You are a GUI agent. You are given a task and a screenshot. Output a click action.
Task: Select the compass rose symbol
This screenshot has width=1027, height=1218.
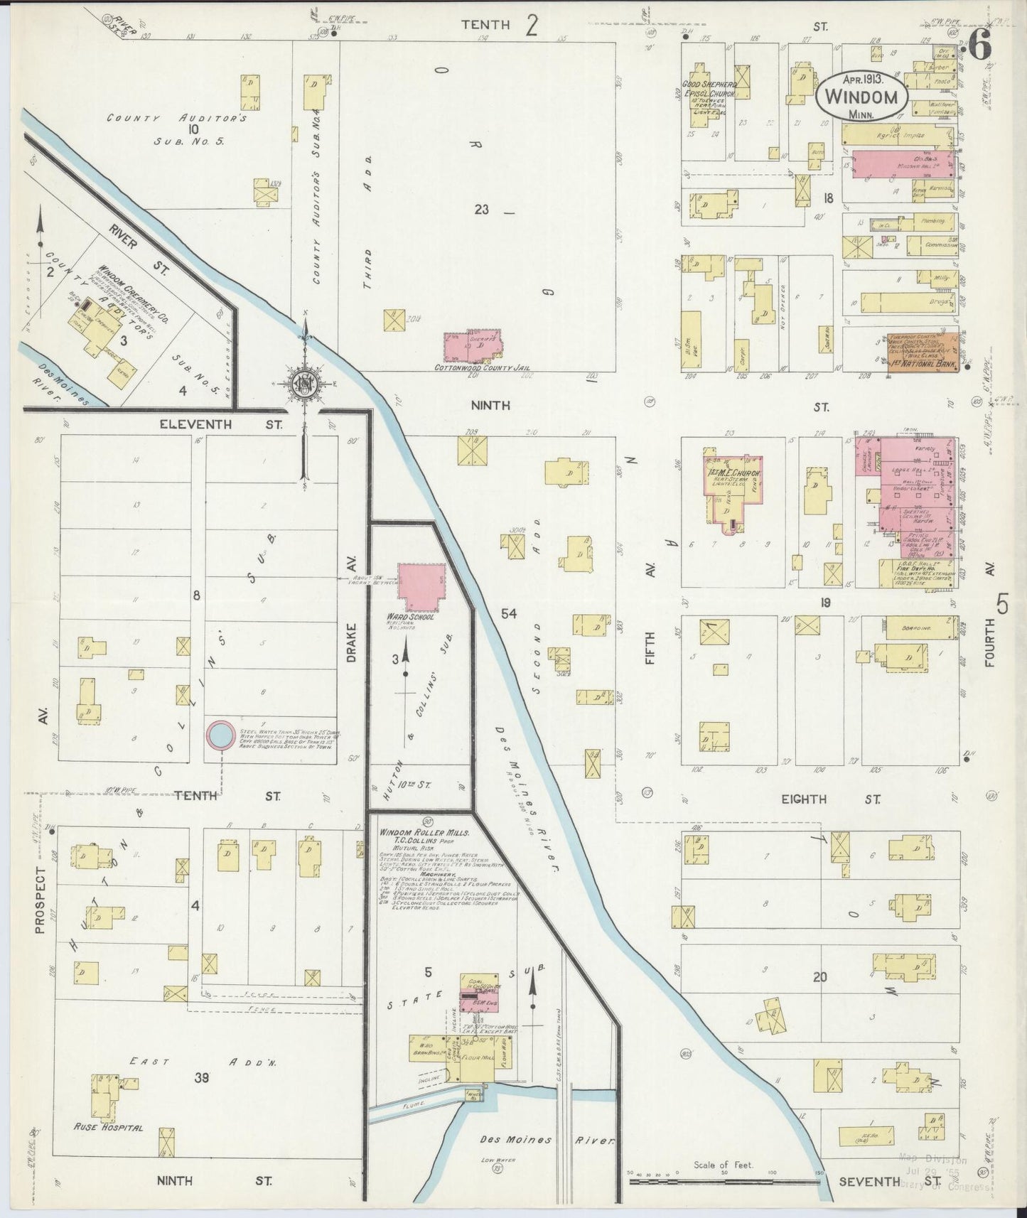click(306, 384)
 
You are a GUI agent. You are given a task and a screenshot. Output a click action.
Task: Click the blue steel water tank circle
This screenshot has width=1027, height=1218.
click(220, 735)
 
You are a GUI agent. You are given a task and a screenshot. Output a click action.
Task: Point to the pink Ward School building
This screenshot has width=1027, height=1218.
click(421, 586)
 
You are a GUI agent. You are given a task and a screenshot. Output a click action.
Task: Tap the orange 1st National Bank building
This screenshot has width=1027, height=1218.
click(923, 352)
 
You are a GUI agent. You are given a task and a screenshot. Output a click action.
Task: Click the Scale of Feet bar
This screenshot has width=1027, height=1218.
click(725, 1182)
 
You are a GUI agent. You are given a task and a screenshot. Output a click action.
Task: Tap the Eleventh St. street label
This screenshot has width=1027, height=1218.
click(220, 424)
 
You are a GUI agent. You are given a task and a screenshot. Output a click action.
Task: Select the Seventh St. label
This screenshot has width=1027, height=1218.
click(879, 1181)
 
